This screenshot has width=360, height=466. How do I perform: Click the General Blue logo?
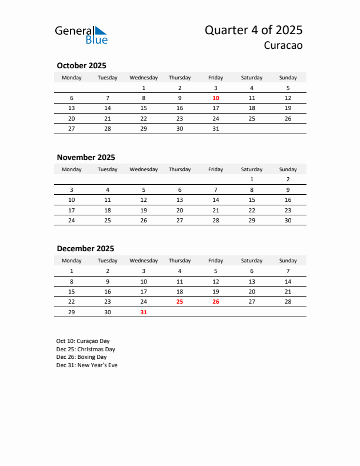[x=81, y=35]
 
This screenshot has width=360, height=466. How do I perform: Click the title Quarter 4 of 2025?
[x=254, y=31]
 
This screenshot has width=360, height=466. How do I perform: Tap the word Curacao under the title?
[x=283, y=46]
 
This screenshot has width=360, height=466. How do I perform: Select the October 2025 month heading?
[x=81, y=65]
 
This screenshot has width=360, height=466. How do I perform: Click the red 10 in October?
[x=216, y=98]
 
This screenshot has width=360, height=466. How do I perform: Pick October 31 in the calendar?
[x=216, y=128]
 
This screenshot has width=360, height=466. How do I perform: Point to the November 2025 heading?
[x=86, y=157]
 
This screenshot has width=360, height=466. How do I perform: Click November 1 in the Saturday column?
[x=252, y=179]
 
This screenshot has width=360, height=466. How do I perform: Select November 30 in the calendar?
[x=288, y=220]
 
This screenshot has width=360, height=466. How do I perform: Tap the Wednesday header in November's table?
[x=144, y=169]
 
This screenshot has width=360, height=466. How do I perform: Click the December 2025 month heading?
[x=85, y=248]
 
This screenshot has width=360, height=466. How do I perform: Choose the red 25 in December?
[x=179, y=301]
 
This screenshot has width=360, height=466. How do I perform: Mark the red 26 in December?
[x=216, y=301]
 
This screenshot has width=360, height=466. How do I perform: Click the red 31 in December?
[x=144, y=312]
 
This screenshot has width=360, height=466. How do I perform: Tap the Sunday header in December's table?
[x=288, y=261]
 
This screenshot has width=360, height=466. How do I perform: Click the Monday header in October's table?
[x=72, y=78]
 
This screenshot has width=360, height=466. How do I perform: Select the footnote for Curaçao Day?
[x=83, y=341]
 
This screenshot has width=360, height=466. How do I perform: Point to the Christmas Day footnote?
[x=85, y=349]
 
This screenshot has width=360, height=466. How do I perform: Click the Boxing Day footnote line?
[x=81, y=357]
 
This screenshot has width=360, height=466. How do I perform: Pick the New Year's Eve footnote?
[x=86, y=365]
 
